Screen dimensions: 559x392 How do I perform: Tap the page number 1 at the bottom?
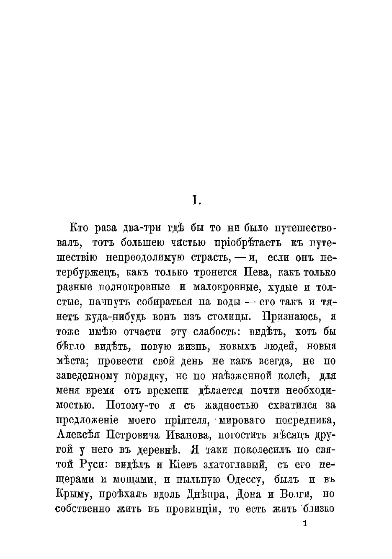pyautogui.click(x=304, y=524)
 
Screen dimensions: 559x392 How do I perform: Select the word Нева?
pyautogui.click(x=250, y=273)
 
